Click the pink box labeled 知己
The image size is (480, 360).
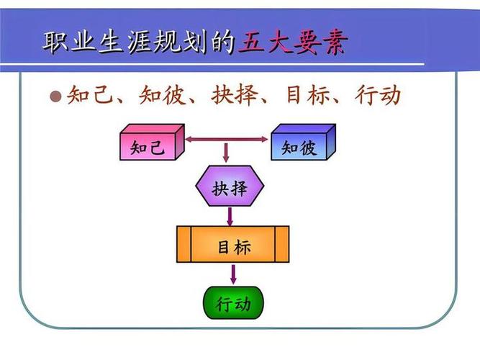coord(148,148)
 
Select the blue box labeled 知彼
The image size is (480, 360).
coord(299,148)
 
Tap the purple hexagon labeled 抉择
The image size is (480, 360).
coord(230,189)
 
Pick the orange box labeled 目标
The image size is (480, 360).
coord(233,245)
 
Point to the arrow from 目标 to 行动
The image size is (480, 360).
coord(233,274)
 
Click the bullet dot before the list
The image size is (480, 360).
coord(56,96)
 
